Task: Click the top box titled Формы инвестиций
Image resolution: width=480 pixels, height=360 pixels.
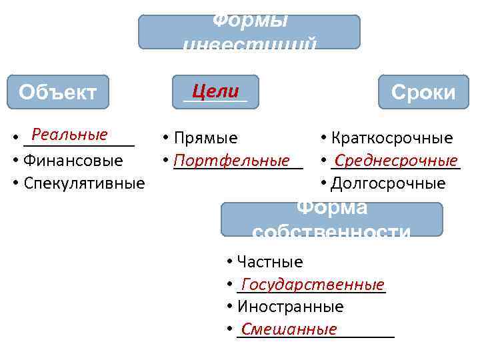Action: (x=249, y=32)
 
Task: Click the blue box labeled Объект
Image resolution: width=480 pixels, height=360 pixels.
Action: (x=58, y=92)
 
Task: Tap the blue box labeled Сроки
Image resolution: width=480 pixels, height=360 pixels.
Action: (x=423, y=92)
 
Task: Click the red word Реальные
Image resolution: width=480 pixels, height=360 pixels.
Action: (x=69, y=135)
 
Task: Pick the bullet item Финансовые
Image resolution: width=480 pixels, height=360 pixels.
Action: (x=73, y=161)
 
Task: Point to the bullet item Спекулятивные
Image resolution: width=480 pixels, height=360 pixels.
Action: (x=84, y=183)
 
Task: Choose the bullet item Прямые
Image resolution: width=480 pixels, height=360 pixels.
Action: (x=205, y=138)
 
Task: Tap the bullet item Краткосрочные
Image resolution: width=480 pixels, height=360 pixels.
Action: (x=392, y=138)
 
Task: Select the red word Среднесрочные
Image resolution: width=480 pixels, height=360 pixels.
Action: (x=396, y=161)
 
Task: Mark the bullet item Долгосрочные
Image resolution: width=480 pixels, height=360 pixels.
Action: (x=388, y=183)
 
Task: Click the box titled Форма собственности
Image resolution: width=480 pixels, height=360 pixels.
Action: (x=331, y=219)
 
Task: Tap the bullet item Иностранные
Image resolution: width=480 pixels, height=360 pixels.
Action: (x=291, y=307)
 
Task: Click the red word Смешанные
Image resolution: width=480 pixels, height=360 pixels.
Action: (x=289, y=329)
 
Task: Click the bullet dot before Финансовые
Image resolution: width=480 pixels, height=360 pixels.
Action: (x=15, y=161)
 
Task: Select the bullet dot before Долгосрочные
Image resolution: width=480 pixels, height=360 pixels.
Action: (x=323, y=183)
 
